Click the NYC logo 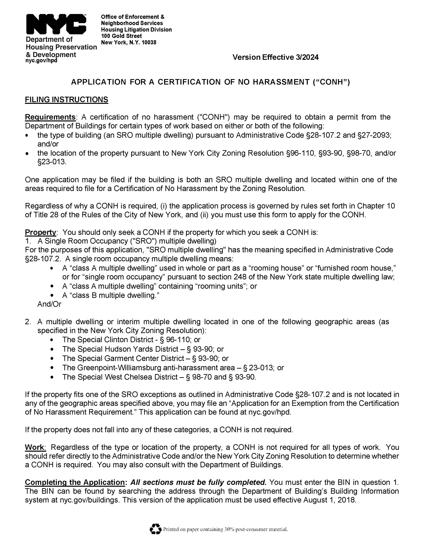pyautogui.click(x=56, y=24)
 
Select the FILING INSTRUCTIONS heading pyautogui.click(x=66, y=100)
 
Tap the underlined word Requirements pyautogui.click(x=50, y=117)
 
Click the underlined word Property pyautogui.click(x=40, y=232)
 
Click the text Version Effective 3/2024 pyautogui.click(x=275, y=57)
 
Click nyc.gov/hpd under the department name pyautogui.click(x=41, y=61)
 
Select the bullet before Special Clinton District pyautogui.click(x=52, y=340)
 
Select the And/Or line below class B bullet pyautogui.click(x=49, y=304)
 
